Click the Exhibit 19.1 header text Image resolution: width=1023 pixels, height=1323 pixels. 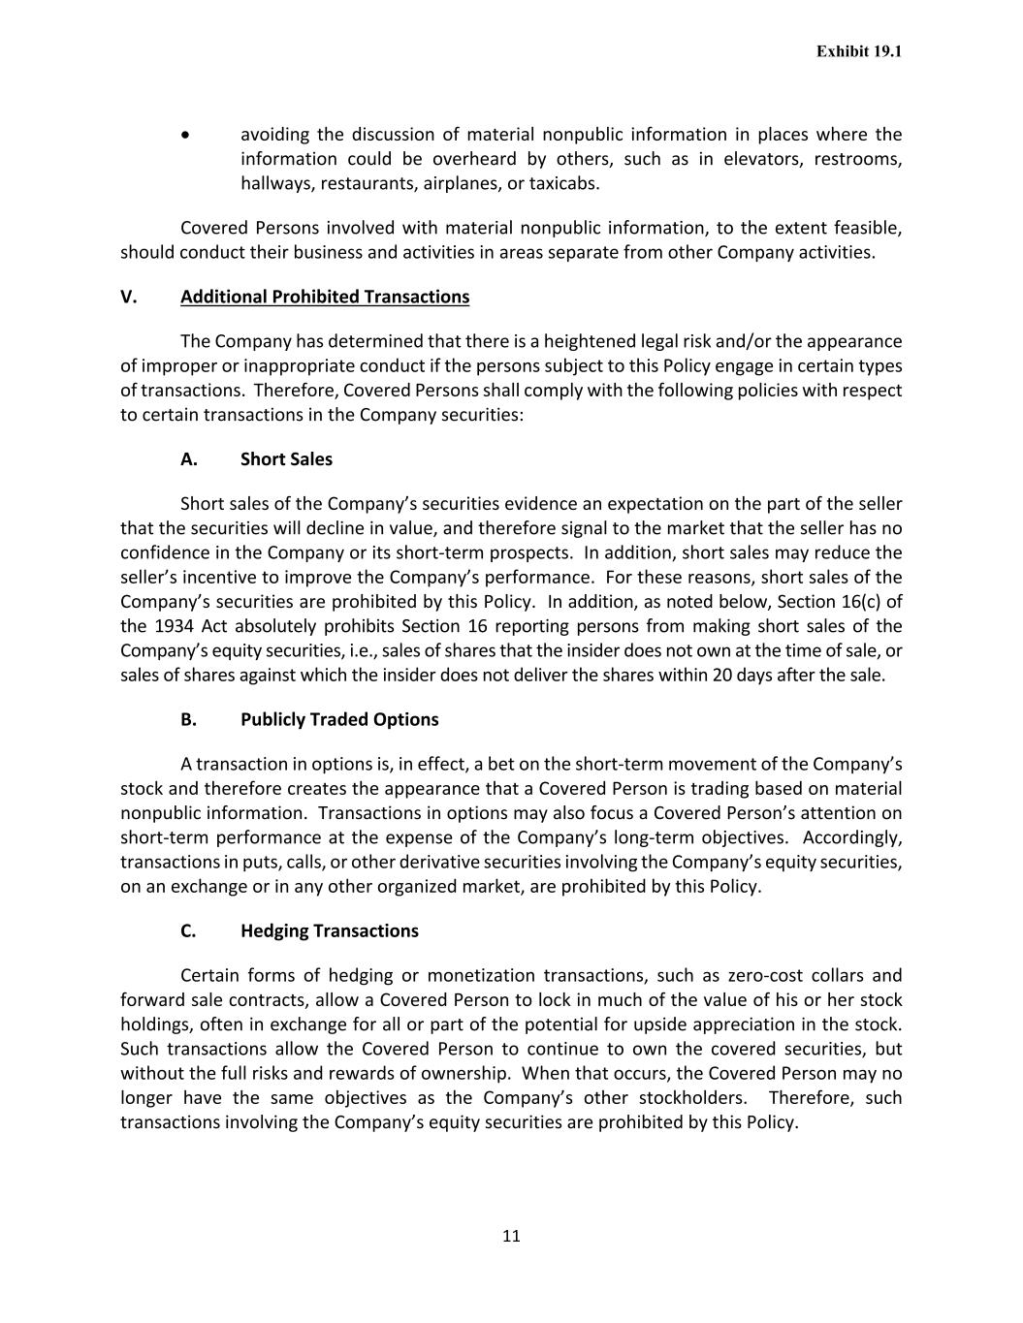(858, 51)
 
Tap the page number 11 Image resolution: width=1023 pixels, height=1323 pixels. (512, 1236)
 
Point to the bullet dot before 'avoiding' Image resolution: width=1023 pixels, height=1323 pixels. (186, 135)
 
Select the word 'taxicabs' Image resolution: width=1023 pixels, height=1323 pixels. (563, 183)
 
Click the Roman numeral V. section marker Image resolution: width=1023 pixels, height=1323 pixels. (129, 297)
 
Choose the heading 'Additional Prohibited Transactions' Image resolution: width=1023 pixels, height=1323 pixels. (325, 297)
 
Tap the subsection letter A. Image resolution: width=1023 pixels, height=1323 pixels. (189, 459)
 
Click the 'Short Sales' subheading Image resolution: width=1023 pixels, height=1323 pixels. (286, 459)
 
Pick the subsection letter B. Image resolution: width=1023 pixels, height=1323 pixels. (189, 719)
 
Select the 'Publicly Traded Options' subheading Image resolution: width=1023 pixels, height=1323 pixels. (339, 719)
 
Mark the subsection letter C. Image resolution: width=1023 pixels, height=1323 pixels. (188, 931)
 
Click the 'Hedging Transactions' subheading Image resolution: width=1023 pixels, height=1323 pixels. (330, 931)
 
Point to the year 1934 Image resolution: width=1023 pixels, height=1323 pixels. (176, 626)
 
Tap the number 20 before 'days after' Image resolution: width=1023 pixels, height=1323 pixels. (721, 676)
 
